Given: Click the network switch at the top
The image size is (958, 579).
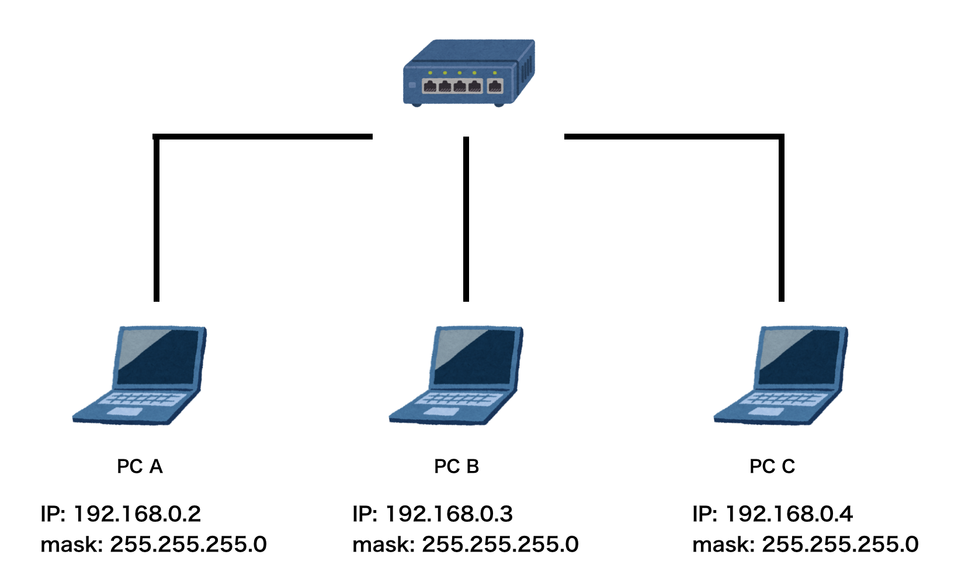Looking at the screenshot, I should pos(468,72).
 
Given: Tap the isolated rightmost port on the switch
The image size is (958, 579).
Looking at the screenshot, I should pos(495,86).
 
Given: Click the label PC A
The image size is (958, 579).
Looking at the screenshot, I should pos(140,466).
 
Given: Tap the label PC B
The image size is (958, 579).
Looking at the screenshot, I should pos(456,466).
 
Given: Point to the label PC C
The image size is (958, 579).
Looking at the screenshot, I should pos(772,466).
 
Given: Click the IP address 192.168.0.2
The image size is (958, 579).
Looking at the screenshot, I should pos(137,514).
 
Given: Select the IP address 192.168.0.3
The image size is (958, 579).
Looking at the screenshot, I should pos(449,514).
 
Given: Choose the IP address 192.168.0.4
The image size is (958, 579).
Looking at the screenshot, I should pos(789,514).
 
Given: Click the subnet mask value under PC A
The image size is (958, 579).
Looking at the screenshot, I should pos(188,545).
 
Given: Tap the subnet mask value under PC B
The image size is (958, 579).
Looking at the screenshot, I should pos(500,545).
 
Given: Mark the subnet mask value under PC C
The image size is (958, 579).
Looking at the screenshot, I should pos(840,545).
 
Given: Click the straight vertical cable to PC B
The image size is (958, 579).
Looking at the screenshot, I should pos(466,219).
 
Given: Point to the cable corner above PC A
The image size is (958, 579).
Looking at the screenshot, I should pos(157,138).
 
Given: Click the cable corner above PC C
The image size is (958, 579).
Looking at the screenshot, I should pos(781,138).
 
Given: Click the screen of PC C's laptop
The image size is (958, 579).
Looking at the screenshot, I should pos(801,357).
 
